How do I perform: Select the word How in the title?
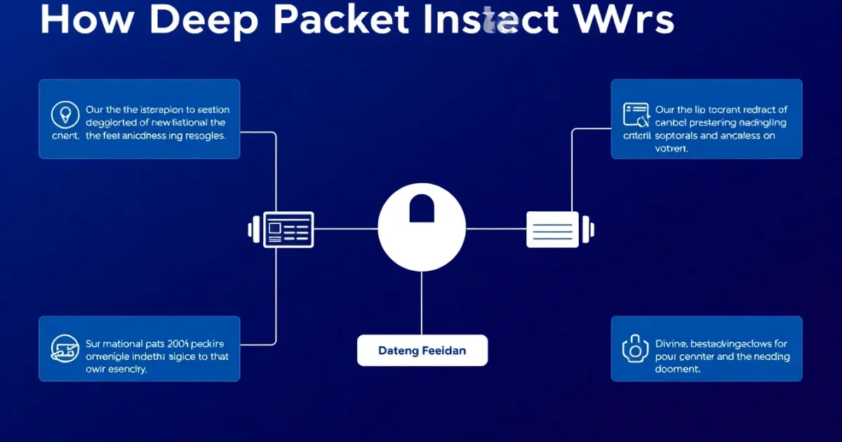[83, 20]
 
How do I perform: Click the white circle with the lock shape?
[422, 228]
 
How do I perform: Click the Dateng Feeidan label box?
[422, 350]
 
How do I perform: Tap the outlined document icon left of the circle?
[288, 229]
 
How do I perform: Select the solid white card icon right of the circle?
[552, 229]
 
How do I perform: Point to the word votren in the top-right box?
[671, 149]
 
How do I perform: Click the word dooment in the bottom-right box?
[677, 369]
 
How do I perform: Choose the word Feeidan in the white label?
[444, 350]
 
